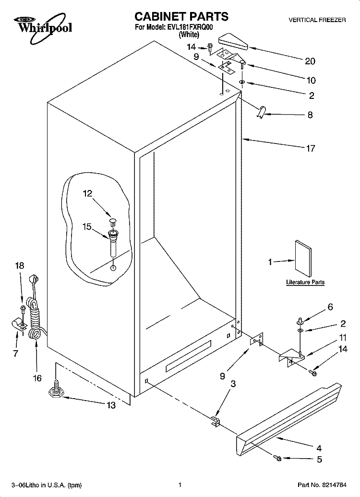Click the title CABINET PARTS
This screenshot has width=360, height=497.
click(181, 16)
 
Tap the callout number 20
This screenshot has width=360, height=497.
click(310, 61)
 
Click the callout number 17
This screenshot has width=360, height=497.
click(311, 148)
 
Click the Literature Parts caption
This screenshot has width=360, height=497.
click(305, 282)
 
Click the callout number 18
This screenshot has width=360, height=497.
click(20, 265)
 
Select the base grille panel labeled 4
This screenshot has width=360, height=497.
click(289, 418)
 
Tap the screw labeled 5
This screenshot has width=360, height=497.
click(277, 457)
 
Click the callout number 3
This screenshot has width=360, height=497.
click(233, 384)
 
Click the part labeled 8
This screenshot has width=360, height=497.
click(261, 112)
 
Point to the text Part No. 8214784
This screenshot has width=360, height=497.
click(322, 485)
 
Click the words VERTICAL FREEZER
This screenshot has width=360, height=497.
click(317, 20)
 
